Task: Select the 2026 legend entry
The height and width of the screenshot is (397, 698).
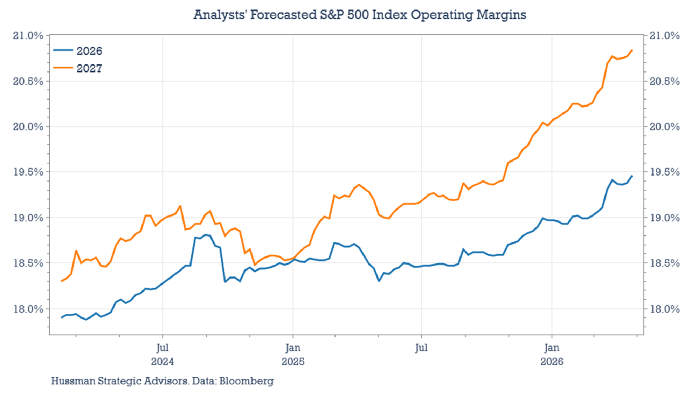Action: [x=78, y=51]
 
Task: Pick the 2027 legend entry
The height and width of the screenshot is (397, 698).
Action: [x=78, y=68]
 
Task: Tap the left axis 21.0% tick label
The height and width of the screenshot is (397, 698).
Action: [x=28, y=36]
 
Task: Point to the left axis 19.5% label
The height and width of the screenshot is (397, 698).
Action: [x=28, y=172]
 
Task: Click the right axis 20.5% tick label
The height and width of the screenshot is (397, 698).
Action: [x=664, y=82]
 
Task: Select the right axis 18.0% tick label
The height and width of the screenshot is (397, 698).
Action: [x=664, y=309]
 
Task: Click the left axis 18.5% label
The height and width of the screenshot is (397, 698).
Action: [x=28, y=263]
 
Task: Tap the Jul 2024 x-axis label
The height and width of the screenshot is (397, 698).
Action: [x=162, y=354]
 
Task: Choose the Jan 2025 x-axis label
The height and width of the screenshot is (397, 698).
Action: [x=293, y=354]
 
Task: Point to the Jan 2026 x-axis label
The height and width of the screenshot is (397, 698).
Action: [x=552, y=354]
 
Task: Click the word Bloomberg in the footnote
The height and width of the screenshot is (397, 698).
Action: [x=246, y=381]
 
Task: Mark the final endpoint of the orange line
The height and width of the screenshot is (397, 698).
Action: [x=632, y=50]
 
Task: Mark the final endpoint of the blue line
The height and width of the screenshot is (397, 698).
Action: [x=632, y=176]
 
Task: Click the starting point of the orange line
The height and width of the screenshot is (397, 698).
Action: [x=62, y=281]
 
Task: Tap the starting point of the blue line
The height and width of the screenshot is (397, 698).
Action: [x=62, y=317]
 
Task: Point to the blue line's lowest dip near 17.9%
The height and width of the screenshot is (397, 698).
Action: [x=86, y=319]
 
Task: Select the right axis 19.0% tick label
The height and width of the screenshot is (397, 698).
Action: [x=664, y=218]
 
